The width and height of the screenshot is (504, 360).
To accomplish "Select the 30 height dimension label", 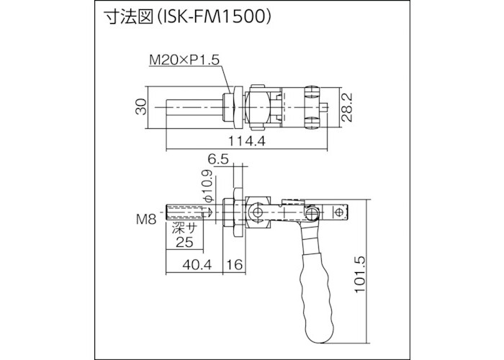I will (142, 107).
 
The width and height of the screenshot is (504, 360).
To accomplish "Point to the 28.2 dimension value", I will (347, 108).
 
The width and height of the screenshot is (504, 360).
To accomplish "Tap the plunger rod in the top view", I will (192, 107).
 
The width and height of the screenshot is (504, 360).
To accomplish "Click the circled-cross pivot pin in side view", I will (256, 214).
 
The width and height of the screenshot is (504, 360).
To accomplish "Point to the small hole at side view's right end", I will (340, 213).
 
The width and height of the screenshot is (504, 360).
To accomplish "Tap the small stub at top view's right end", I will (326, 109).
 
